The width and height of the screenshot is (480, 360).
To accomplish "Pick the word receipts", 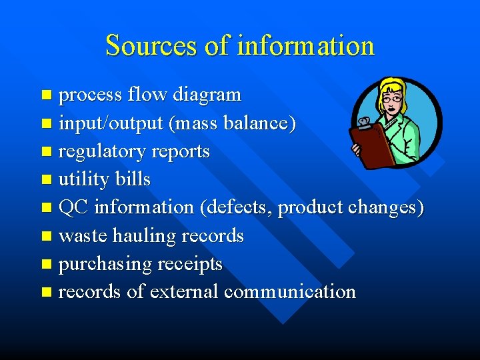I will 190,264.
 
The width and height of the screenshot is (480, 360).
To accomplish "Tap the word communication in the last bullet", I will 290,292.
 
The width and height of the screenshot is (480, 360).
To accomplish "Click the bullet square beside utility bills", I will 45,180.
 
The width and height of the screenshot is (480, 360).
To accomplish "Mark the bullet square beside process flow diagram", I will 45,95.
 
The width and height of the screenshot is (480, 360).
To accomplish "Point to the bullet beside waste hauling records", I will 45,236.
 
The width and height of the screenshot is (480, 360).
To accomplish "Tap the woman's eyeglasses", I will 393,99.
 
